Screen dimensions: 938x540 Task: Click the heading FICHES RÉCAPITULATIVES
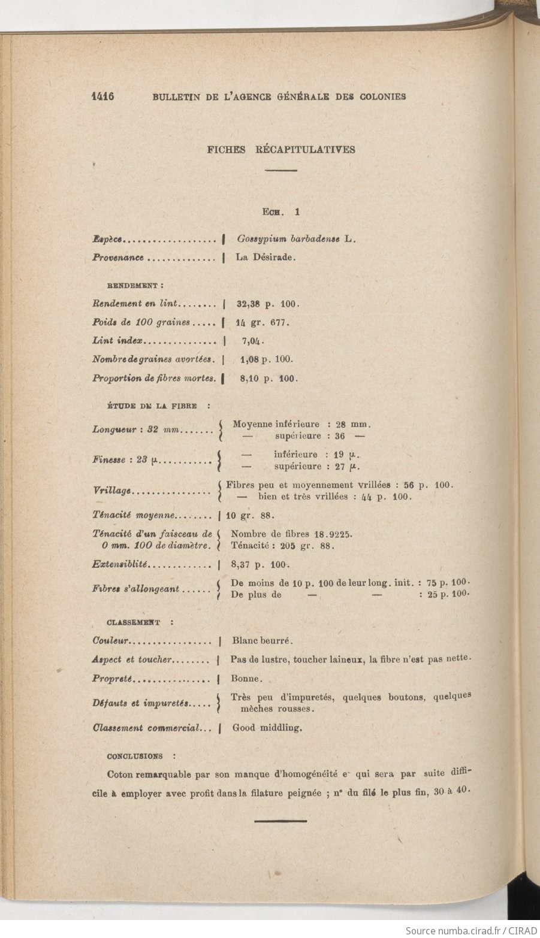(x=280, y=150)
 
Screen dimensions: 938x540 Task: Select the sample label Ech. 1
(x=280, y=212)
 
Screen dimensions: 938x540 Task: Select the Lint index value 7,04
(x=252, y=341)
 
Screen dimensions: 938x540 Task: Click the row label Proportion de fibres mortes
(x=153, y=379)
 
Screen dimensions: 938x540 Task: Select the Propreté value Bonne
(x=246, y=679)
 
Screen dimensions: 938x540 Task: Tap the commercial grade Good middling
(x=267, y=728)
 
